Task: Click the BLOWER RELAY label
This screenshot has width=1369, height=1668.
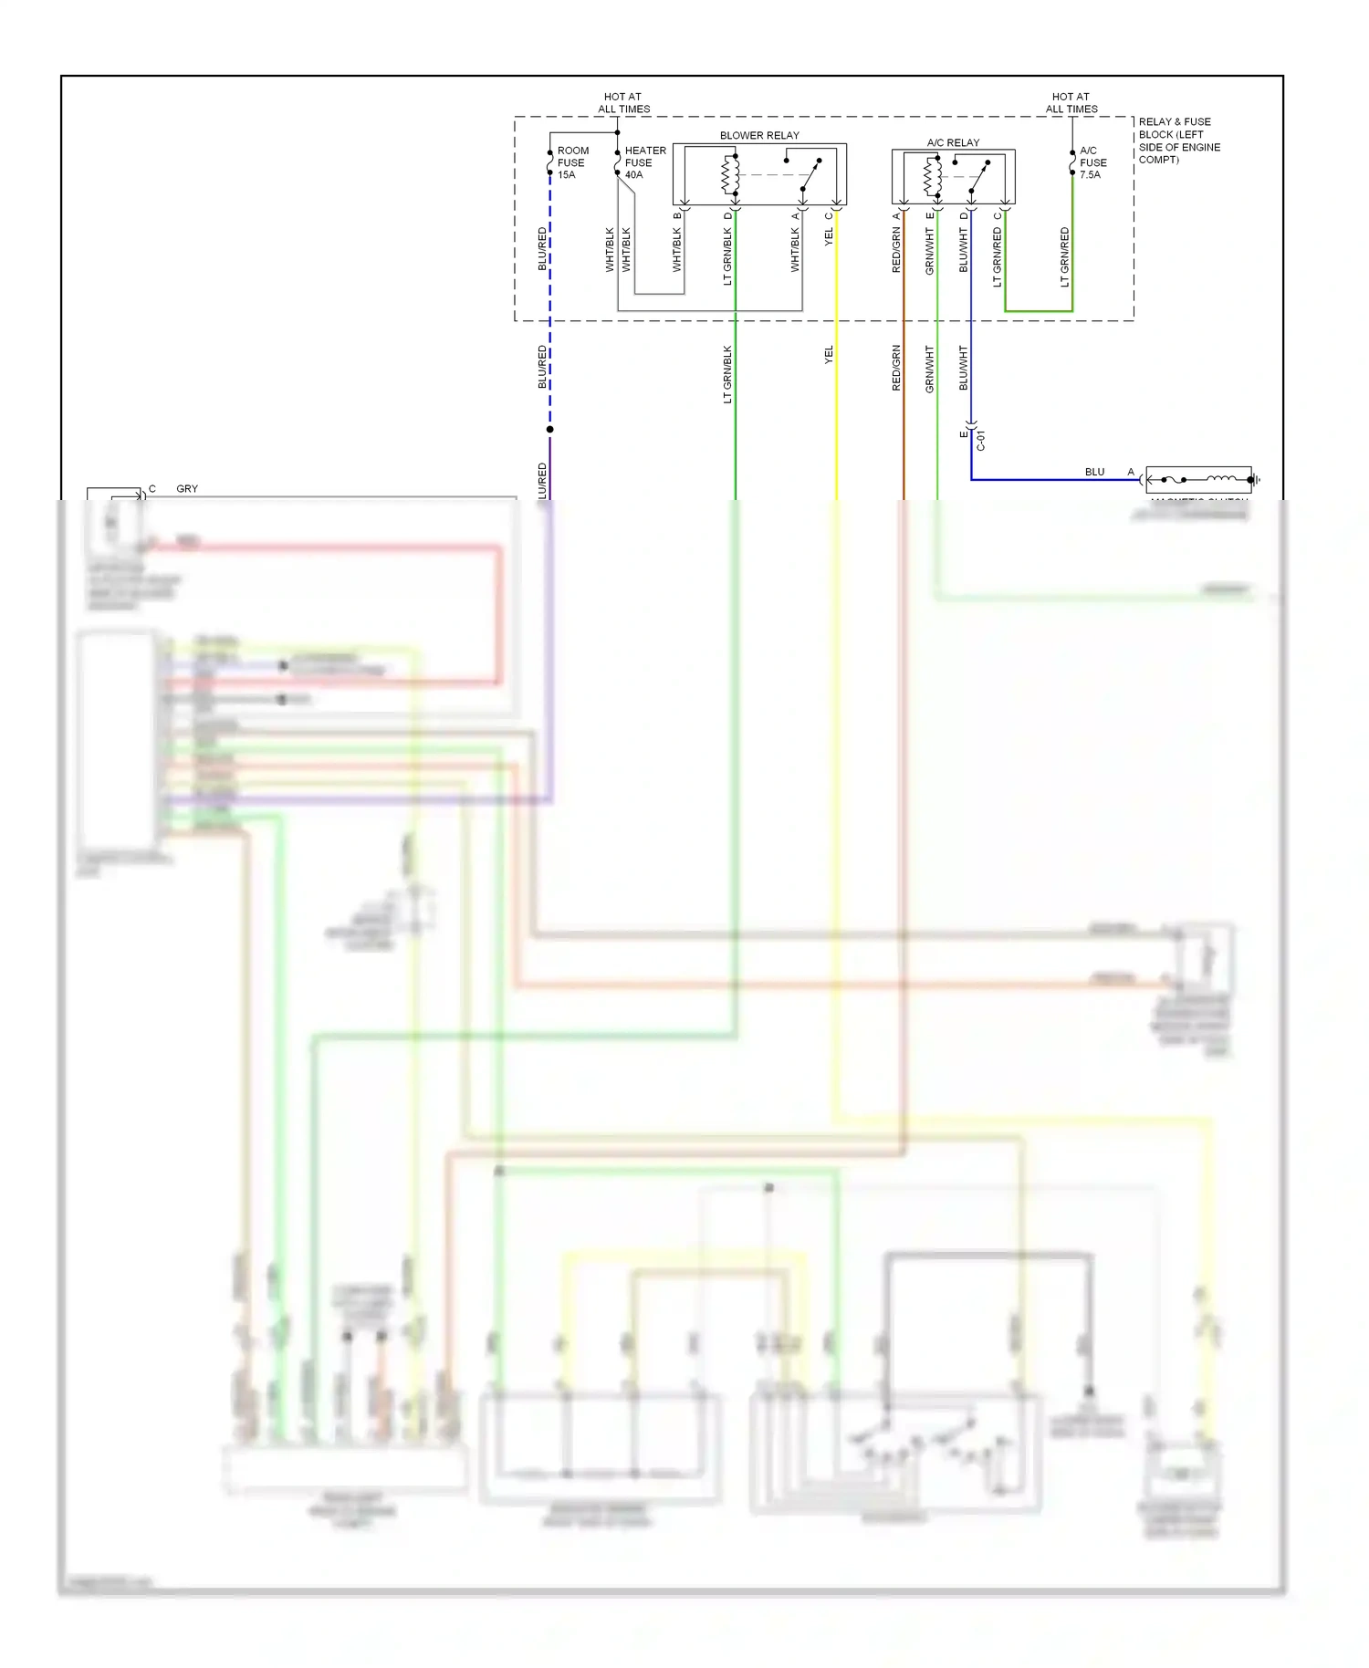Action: (759, 135)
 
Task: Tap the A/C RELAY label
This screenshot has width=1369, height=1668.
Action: (953, 142)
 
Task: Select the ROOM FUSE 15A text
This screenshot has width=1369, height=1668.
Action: (572, 162)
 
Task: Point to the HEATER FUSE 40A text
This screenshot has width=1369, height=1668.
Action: (644, 162)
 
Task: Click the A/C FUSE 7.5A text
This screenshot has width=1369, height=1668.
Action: (1092, 162)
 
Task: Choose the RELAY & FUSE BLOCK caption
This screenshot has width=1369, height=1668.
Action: (1179, 141)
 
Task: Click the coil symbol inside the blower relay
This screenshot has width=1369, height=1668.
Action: (730, 175)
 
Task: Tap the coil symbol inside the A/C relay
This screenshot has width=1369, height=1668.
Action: (933, 176)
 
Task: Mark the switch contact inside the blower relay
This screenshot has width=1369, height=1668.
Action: (810, 175)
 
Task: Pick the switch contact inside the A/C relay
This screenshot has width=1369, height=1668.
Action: (978, 177)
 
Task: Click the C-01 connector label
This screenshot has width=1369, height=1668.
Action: (981, 441)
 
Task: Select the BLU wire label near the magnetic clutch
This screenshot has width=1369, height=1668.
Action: (1094, 472)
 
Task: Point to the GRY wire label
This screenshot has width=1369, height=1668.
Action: (187, 489)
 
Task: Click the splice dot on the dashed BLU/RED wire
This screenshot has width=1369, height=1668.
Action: (549, 429)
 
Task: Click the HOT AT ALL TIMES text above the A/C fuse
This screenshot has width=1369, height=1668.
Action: (1071, 102)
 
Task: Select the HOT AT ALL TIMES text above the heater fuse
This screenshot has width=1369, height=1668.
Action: (623, 102)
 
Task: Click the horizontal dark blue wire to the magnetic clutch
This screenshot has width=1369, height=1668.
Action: (1050, 479)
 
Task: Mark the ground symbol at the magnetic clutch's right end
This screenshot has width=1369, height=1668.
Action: (1256, 479)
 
